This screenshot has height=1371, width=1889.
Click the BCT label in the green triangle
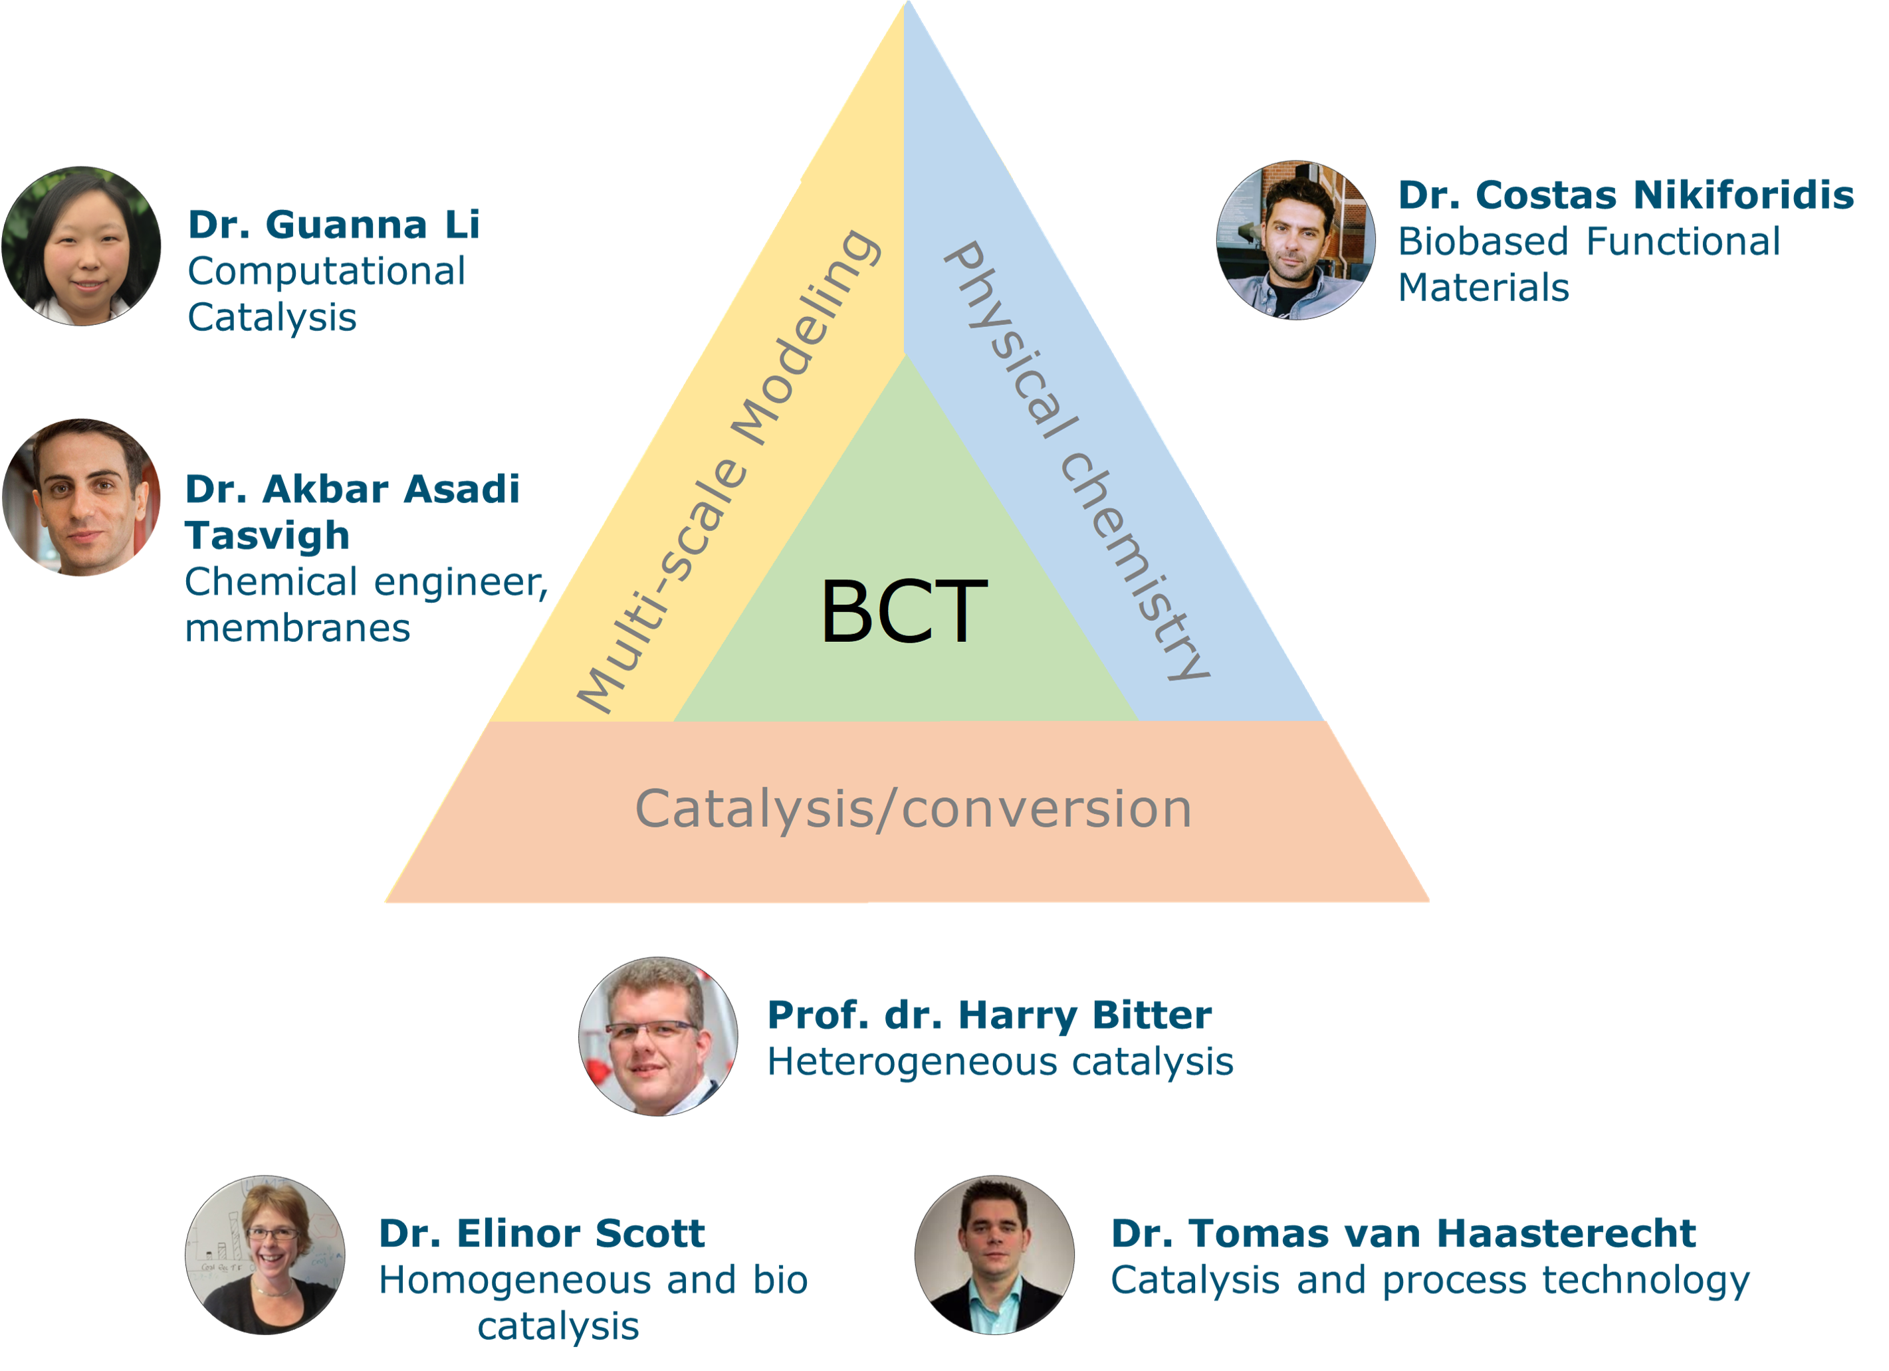(x=904, y=612)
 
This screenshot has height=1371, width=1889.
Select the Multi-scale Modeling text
(x=728, y=471)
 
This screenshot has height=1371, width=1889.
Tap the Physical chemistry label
(x=1077, y=461)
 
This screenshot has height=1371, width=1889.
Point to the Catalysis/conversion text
(x=914, y=809)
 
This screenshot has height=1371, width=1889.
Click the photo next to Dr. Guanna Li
(x=81, y=246)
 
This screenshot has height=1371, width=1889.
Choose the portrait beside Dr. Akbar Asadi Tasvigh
(x=81, y=497)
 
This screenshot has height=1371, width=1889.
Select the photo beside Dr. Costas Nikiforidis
(x=1295, y=240)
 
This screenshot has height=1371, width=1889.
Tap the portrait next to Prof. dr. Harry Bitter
(x=658, y=1036)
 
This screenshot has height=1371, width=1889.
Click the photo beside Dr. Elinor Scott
(x=265, y=1255)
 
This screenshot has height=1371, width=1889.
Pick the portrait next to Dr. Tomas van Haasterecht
(x=994, y=1255)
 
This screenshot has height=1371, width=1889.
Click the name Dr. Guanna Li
(x=334, y=225)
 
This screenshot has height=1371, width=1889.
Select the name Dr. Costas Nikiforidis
(x=1626, y=195)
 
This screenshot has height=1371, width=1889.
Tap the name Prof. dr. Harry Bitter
(x=990, y=1015)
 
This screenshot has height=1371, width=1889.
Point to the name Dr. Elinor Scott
(x=542, y=1233)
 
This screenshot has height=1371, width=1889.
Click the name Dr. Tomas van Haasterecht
(x=1403, y=1233)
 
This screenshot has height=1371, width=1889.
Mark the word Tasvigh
(x=267, y=536)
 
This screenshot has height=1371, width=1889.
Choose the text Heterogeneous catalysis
(x=1000, y=1062)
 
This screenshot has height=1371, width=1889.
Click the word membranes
(x=297, y=628)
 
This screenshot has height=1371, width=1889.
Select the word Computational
(x=326, y=272)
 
